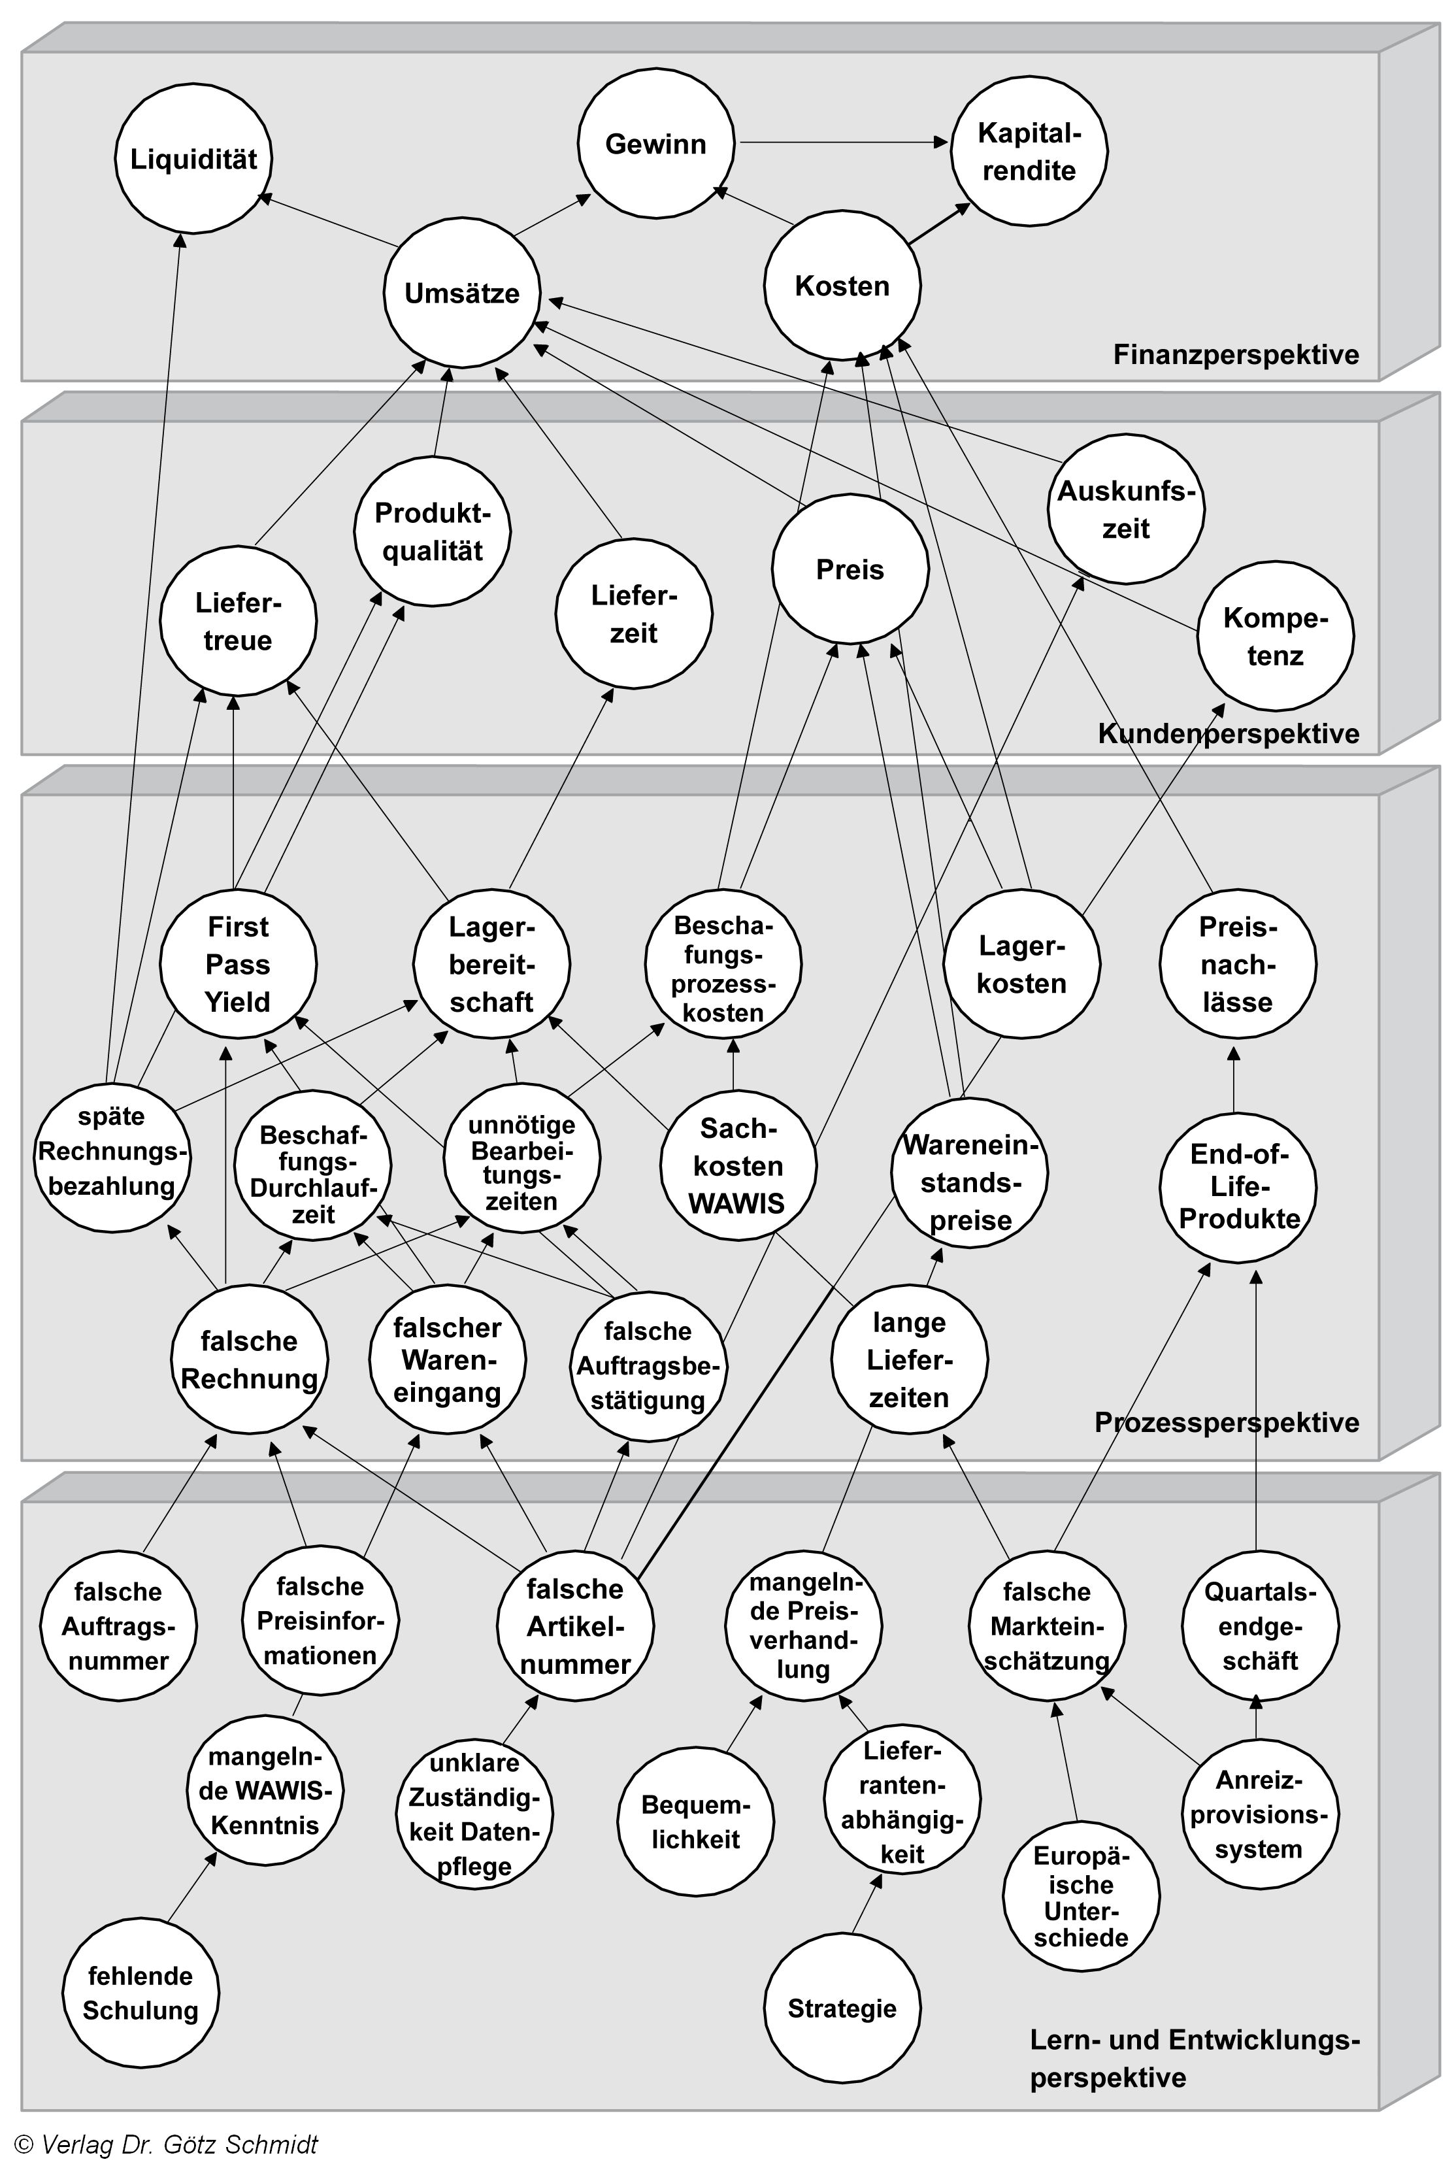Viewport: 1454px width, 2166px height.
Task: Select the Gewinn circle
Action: pos(655,144)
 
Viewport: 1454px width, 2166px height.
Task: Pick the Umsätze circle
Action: pos(462,294)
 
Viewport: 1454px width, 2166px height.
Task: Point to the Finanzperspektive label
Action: pos(1235,354)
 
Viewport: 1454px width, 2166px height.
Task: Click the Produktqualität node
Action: pos(432,532)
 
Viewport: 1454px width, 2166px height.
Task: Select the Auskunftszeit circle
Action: pos(1126,510)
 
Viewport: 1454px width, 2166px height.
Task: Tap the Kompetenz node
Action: pos(1275,637)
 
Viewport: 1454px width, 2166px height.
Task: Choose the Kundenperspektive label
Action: pos(1228,733)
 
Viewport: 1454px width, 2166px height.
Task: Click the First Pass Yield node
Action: pos(239,964)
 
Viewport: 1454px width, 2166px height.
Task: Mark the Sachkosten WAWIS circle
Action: pos(738,1165)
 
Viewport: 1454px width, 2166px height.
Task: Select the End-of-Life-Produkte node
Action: pos(1238,1187)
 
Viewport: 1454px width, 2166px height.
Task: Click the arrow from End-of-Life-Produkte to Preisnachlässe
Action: pos(1234,1080)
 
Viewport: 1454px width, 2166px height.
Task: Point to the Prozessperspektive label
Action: pos(1226,1422)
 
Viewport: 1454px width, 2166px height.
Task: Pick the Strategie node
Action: pos(842,2008)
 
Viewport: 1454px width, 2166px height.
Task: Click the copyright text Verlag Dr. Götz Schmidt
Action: pos(167,2144)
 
